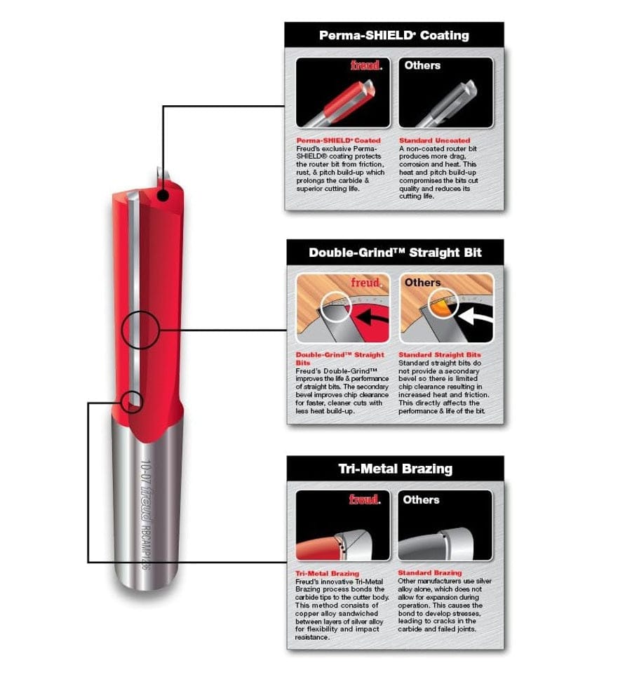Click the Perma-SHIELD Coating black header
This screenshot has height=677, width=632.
click(x=394, y=34)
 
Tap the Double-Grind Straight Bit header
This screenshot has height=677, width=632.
click(x=395, y=252)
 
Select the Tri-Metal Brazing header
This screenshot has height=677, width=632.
click(x=395, y=468)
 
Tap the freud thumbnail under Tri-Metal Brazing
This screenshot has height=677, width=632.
click(x=342, y=526)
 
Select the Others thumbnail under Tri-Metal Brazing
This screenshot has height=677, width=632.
click(x=445, y=526)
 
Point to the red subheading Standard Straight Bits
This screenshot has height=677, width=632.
click(x=440, y=355)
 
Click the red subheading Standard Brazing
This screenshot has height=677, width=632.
click(x=430, y=573)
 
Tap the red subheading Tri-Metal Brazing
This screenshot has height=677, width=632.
click(x=327, y=573)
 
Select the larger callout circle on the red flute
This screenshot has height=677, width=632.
click(x=140, y=328)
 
